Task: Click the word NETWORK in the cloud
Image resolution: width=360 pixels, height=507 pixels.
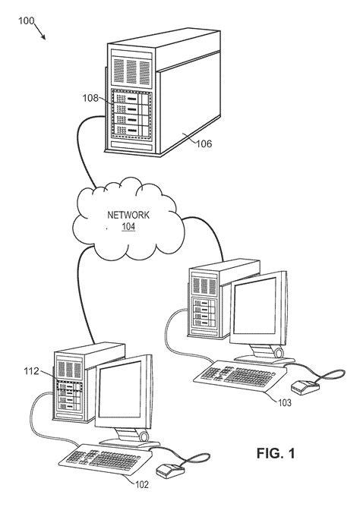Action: [x=128, y=215]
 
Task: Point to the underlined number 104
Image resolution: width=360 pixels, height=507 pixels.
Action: [x=128, y=226]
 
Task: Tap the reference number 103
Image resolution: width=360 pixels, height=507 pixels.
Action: [x=282, y=402]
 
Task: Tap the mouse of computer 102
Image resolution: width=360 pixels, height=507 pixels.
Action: [x=167, y=471]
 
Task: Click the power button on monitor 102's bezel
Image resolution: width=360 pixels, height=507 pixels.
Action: [x=143, y=437]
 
